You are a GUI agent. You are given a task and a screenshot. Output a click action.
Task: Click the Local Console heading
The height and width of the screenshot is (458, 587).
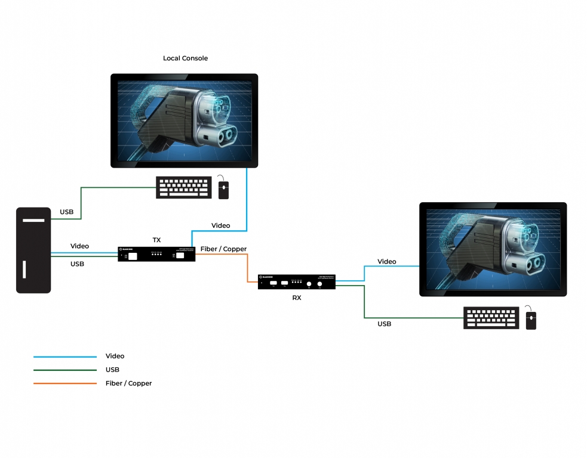[185, 58]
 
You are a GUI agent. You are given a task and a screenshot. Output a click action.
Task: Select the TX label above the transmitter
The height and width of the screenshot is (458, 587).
[156, 240]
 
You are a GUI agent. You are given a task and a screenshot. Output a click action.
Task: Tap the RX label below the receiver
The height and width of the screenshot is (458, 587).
[297, 298]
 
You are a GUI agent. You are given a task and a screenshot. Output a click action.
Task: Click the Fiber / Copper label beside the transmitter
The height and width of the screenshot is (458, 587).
[223, 249]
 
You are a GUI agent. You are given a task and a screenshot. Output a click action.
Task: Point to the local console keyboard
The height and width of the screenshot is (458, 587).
[184, 187]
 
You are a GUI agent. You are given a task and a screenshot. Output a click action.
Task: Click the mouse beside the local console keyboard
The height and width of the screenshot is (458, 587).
[224, 188]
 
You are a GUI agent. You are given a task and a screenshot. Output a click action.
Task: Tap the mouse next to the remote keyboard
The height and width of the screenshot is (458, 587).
[531, 318]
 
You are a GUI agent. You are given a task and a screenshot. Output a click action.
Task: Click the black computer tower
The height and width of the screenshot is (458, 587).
[33, 250]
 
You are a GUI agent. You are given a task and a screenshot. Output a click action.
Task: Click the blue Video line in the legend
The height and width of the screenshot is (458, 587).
[64, 357]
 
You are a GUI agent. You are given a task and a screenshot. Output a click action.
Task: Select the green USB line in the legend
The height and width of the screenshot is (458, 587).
[64, 370]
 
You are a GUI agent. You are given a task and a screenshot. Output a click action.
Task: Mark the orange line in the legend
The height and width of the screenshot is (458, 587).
[64, 383]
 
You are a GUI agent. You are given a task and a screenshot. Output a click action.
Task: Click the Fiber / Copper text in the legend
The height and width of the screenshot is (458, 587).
[128, 383]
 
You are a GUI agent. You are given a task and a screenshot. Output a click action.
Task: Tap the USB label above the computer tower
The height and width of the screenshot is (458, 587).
[66, 212]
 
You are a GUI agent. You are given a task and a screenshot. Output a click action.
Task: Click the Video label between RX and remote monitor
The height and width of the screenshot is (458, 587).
[386, 262]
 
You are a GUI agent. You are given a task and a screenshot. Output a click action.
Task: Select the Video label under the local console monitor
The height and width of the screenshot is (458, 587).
[220, 225]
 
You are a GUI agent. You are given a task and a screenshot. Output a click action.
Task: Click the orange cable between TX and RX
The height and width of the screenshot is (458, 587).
[248, 268]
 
